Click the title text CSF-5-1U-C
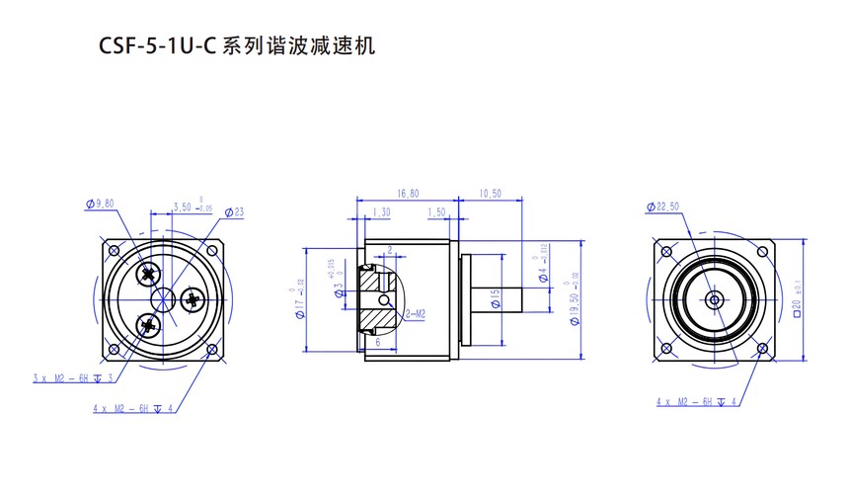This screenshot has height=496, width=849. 158,45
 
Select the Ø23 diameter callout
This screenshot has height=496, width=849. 234,211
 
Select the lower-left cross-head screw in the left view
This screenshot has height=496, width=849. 149,322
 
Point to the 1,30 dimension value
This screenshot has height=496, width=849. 381,211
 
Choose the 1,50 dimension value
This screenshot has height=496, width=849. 437,211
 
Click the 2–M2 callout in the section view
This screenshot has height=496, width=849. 415,313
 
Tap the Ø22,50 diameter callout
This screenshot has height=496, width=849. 663,207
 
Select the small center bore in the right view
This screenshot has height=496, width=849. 714,297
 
